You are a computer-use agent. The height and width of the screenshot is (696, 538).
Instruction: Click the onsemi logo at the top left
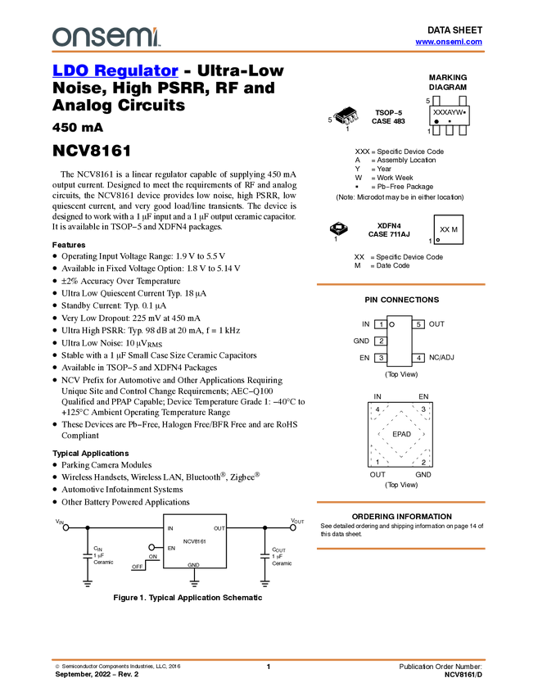click(x=106, y=37)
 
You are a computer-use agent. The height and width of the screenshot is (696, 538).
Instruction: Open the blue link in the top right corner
click(x=449, y=42)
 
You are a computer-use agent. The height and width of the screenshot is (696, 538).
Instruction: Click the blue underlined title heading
click(x=115, y=70)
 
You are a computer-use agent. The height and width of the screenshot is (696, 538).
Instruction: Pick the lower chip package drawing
click(x=337, y=228)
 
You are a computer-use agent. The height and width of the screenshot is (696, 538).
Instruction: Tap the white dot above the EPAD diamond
click(x=392, y=324)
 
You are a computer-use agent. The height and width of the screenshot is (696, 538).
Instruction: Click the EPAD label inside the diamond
click(x=401, y=434)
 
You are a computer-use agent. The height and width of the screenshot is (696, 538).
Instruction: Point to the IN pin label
click(x=170, y=529)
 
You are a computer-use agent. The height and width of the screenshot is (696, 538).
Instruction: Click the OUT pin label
click(x=219, y=529)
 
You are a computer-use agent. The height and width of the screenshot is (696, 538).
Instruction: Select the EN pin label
click(x=171, y=548)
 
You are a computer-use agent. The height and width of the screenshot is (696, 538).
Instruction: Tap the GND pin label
click(x=193, y=565)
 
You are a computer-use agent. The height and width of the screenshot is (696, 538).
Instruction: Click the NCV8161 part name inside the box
click(x=194, y=541)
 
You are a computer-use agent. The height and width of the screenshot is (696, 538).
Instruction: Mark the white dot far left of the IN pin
click(x=66, y=527)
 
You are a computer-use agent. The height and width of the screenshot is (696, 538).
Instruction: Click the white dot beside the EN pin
click(x=151, y=547)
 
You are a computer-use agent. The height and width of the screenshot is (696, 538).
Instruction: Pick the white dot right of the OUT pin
click(x=293, y=527)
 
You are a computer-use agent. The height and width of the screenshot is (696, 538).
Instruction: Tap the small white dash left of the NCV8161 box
click(x=87, y=557)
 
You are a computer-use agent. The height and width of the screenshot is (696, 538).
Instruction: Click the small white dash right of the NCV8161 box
click(x=264, y=557)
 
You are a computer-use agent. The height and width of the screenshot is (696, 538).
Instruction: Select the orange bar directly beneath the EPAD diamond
click(x=400, y=502)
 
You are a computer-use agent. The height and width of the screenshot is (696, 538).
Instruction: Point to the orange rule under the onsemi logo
click(x=268, y=52)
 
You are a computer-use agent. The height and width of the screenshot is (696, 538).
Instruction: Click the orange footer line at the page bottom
click(x=268, y=659)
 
